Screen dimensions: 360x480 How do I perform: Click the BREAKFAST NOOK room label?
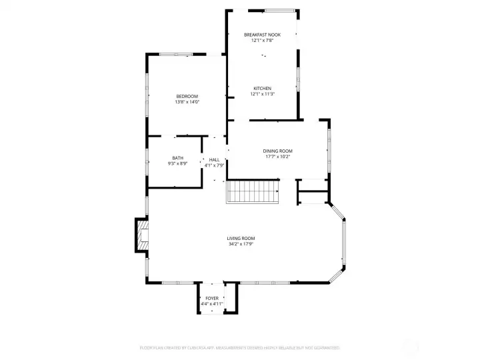[262, 34]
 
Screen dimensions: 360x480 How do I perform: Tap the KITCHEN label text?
[262, 88]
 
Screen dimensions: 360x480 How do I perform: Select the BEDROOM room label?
[187, 96]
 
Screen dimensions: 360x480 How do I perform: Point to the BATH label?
[178, 158]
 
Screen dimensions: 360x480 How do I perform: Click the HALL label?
[214, 160]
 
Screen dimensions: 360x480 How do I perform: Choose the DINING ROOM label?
[277, 151]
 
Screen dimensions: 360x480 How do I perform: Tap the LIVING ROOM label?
[241, 238]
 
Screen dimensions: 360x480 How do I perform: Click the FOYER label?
[212, 298]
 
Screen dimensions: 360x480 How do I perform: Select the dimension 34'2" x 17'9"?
[241, 244]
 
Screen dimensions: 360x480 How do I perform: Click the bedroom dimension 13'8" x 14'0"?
[187, 102]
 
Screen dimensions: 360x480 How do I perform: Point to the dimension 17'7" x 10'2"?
[277, 157]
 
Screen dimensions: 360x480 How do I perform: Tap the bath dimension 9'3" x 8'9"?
[178, 163]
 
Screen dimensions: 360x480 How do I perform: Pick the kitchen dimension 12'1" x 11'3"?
[262, 94]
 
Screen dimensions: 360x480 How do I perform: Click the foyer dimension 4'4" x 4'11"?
[212, 304]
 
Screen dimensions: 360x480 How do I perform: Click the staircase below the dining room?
[253, 192]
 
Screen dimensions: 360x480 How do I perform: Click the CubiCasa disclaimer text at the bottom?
[240, 347]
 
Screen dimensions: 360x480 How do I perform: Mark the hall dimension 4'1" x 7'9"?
[214, 165]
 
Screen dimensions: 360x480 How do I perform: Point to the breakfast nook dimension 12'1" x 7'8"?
[262, 40]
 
